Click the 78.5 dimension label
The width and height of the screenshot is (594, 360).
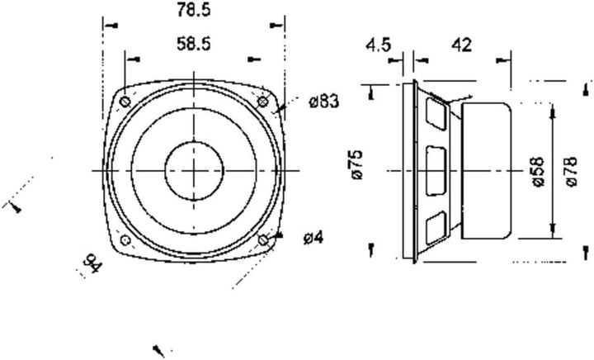point(194,10)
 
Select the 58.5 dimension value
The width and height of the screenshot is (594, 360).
point(194,44)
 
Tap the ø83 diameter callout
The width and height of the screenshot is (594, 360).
point(324,102)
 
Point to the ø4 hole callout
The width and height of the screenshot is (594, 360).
point(313,238)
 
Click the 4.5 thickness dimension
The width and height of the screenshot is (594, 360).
point(378,45)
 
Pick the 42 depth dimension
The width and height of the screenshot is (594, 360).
point(462,45)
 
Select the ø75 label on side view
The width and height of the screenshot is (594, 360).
point(357,164)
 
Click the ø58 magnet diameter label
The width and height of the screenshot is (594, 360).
point(538,172)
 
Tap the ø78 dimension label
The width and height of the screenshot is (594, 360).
point(571,171)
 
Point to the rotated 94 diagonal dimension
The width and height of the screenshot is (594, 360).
point(92,263)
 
